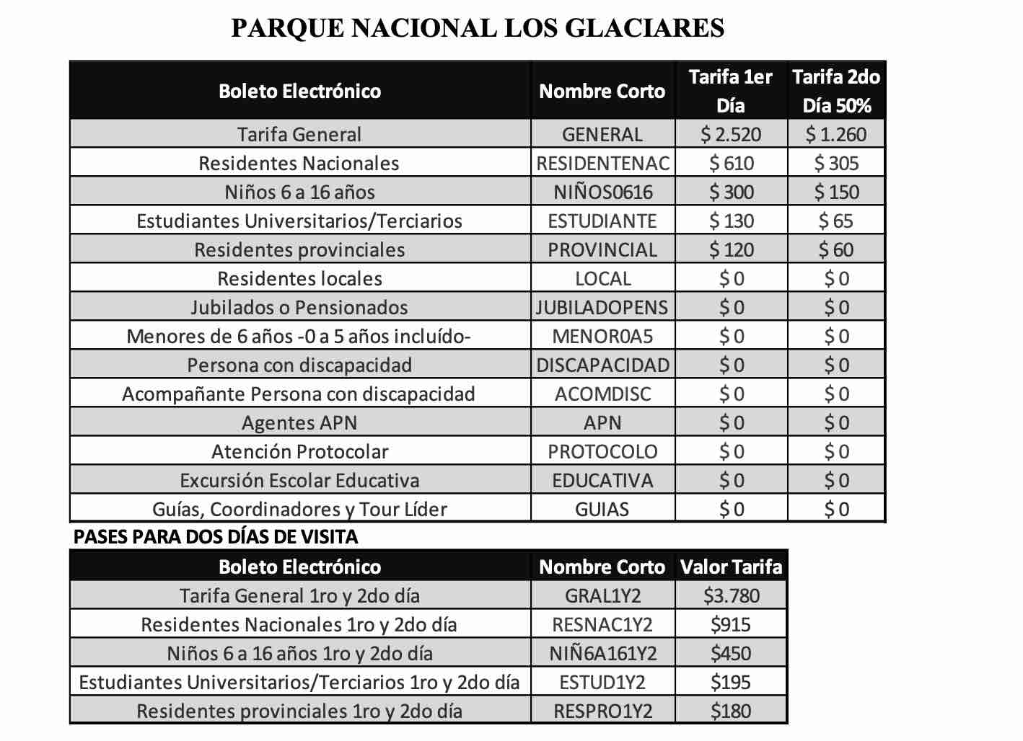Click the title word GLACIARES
point(644,27)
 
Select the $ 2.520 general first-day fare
point(731,134)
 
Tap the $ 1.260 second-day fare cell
point(836,134)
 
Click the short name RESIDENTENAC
point(602,163)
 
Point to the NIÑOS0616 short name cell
point(602,192)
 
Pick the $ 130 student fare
point(731,221)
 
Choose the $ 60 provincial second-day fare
point(836,249)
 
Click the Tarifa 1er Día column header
point(731,91)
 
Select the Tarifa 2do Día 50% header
point(836,91)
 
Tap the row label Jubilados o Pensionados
point(299,307)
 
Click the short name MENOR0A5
point(602,336)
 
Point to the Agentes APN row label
point(299,422)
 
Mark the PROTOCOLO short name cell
point(602,451)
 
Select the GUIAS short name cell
point(602,509)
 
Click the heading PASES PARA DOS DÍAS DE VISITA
point(216,536)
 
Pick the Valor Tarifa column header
point(731,567)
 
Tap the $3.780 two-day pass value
point(731,595)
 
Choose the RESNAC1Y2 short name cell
point(602,624)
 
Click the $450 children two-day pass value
point(731,653)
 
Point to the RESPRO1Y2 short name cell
point(602,711)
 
